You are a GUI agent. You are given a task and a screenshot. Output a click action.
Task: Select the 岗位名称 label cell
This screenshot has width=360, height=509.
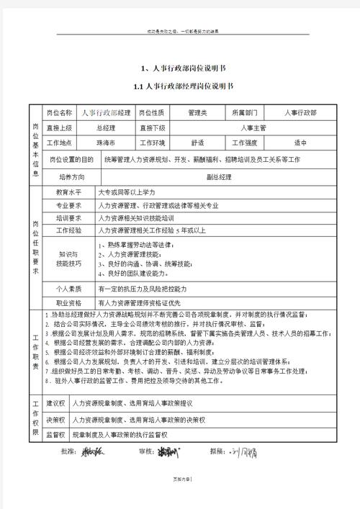click(x=59, y=113)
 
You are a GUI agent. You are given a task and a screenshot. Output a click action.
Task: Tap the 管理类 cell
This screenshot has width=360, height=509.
click(x=197, y=113)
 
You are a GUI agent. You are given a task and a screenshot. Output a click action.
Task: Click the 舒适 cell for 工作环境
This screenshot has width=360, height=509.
click(x=197, y=142)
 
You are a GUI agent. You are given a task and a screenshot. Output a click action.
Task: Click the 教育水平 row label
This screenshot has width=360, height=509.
click(x=69, y=192)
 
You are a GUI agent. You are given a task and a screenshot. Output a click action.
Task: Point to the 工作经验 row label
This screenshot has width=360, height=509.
click(x=69, y=230)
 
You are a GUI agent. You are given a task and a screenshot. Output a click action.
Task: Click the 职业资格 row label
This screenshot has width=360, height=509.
click(x=69, y=302)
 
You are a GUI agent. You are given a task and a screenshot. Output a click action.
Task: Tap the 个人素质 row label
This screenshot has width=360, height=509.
click(x=69, y=288)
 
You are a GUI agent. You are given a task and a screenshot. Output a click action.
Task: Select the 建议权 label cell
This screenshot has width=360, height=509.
click(x=56, y=403)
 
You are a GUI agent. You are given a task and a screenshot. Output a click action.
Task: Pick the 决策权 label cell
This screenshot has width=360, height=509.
click(x=56, y=420)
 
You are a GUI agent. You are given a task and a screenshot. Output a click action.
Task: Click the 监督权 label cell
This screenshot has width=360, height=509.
click(x=56, y=435)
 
